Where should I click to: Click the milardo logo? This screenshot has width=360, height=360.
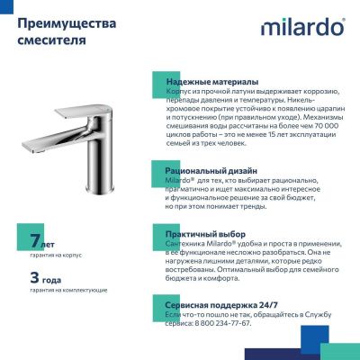pos(302,28)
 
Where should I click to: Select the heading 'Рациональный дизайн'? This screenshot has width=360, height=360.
pos(212,169)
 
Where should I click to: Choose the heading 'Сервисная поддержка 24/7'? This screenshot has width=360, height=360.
pos(220,305)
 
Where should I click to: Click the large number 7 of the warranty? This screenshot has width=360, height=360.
pos(34,241)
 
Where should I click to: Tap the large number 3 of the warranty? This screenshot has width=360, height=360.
pos(34,276)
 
